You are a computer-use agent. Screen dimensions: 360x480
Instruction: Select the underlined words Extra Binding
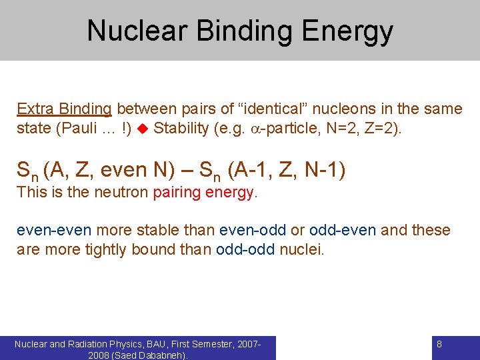point(64,109)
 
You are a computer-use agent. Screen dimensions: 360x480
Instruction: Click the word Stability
point(181,128)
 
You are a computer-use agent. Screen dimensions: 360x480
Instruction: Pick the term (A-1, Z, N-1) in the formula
point(286,170)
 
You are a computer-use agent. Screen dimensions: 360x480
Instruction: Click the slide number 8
point(439,344)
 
